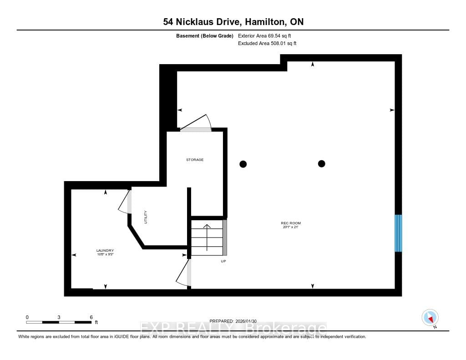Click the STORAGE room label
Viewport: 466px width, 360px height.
pyautogui.click(x=194, y=160)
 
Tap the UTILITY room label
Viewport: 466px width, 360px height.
pyautogui.click(x=146, y=217)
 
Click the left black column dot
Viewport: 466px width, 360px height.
pyautogui.click(x=243, y=164)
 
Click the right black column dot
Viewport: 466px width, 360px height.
pyautogui.click(x=322, y=163)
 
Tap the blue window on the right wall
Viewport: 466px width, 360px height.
pyautogui.click(x=398, y=233)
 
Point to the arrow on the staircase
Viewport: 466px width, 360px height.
pyautogui.click(x=207, y=237)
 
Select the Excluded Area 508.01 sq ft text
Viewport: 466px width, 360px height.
pyautogui.click(x=268, y=44)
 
